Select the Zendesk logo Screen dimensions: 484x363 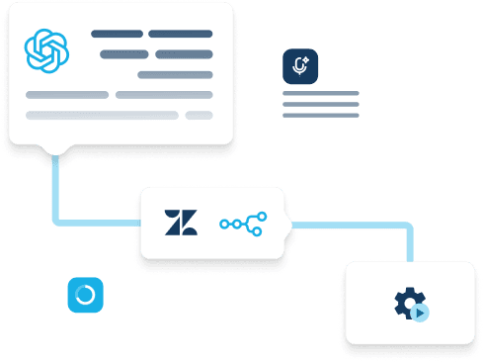[x=182, y=224]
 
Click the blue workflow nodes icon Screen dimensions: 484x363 [x=243, y=224]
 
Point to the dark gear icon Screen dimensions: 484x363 [x=409, y=303]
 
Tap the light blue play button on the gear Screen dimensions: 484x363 [x=421, y=312]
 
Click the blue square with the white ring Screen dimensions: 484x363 [x=86, y=295]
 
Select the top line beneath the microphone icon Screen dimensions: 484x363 [x=320, y=94]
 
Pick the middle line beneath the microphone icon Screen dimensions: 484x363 [x=320, y=105]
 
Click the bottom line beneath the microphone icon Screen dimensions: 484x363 [x=320, y=116]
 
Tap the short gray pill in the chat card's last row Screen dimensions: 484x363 [x=200, y=115]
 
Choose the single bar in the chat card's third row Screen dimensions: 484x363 [x=175, y=74]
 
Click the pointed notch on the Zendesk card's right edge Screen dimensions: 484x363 [x=290, y=226]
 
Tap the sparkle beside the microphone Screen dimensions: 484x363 [x=305, y=60]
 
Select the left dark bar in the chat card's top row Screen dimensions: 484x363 [x=117, y=34]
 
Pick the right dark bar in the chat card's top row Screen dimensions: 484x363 [x=181, y=34]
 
